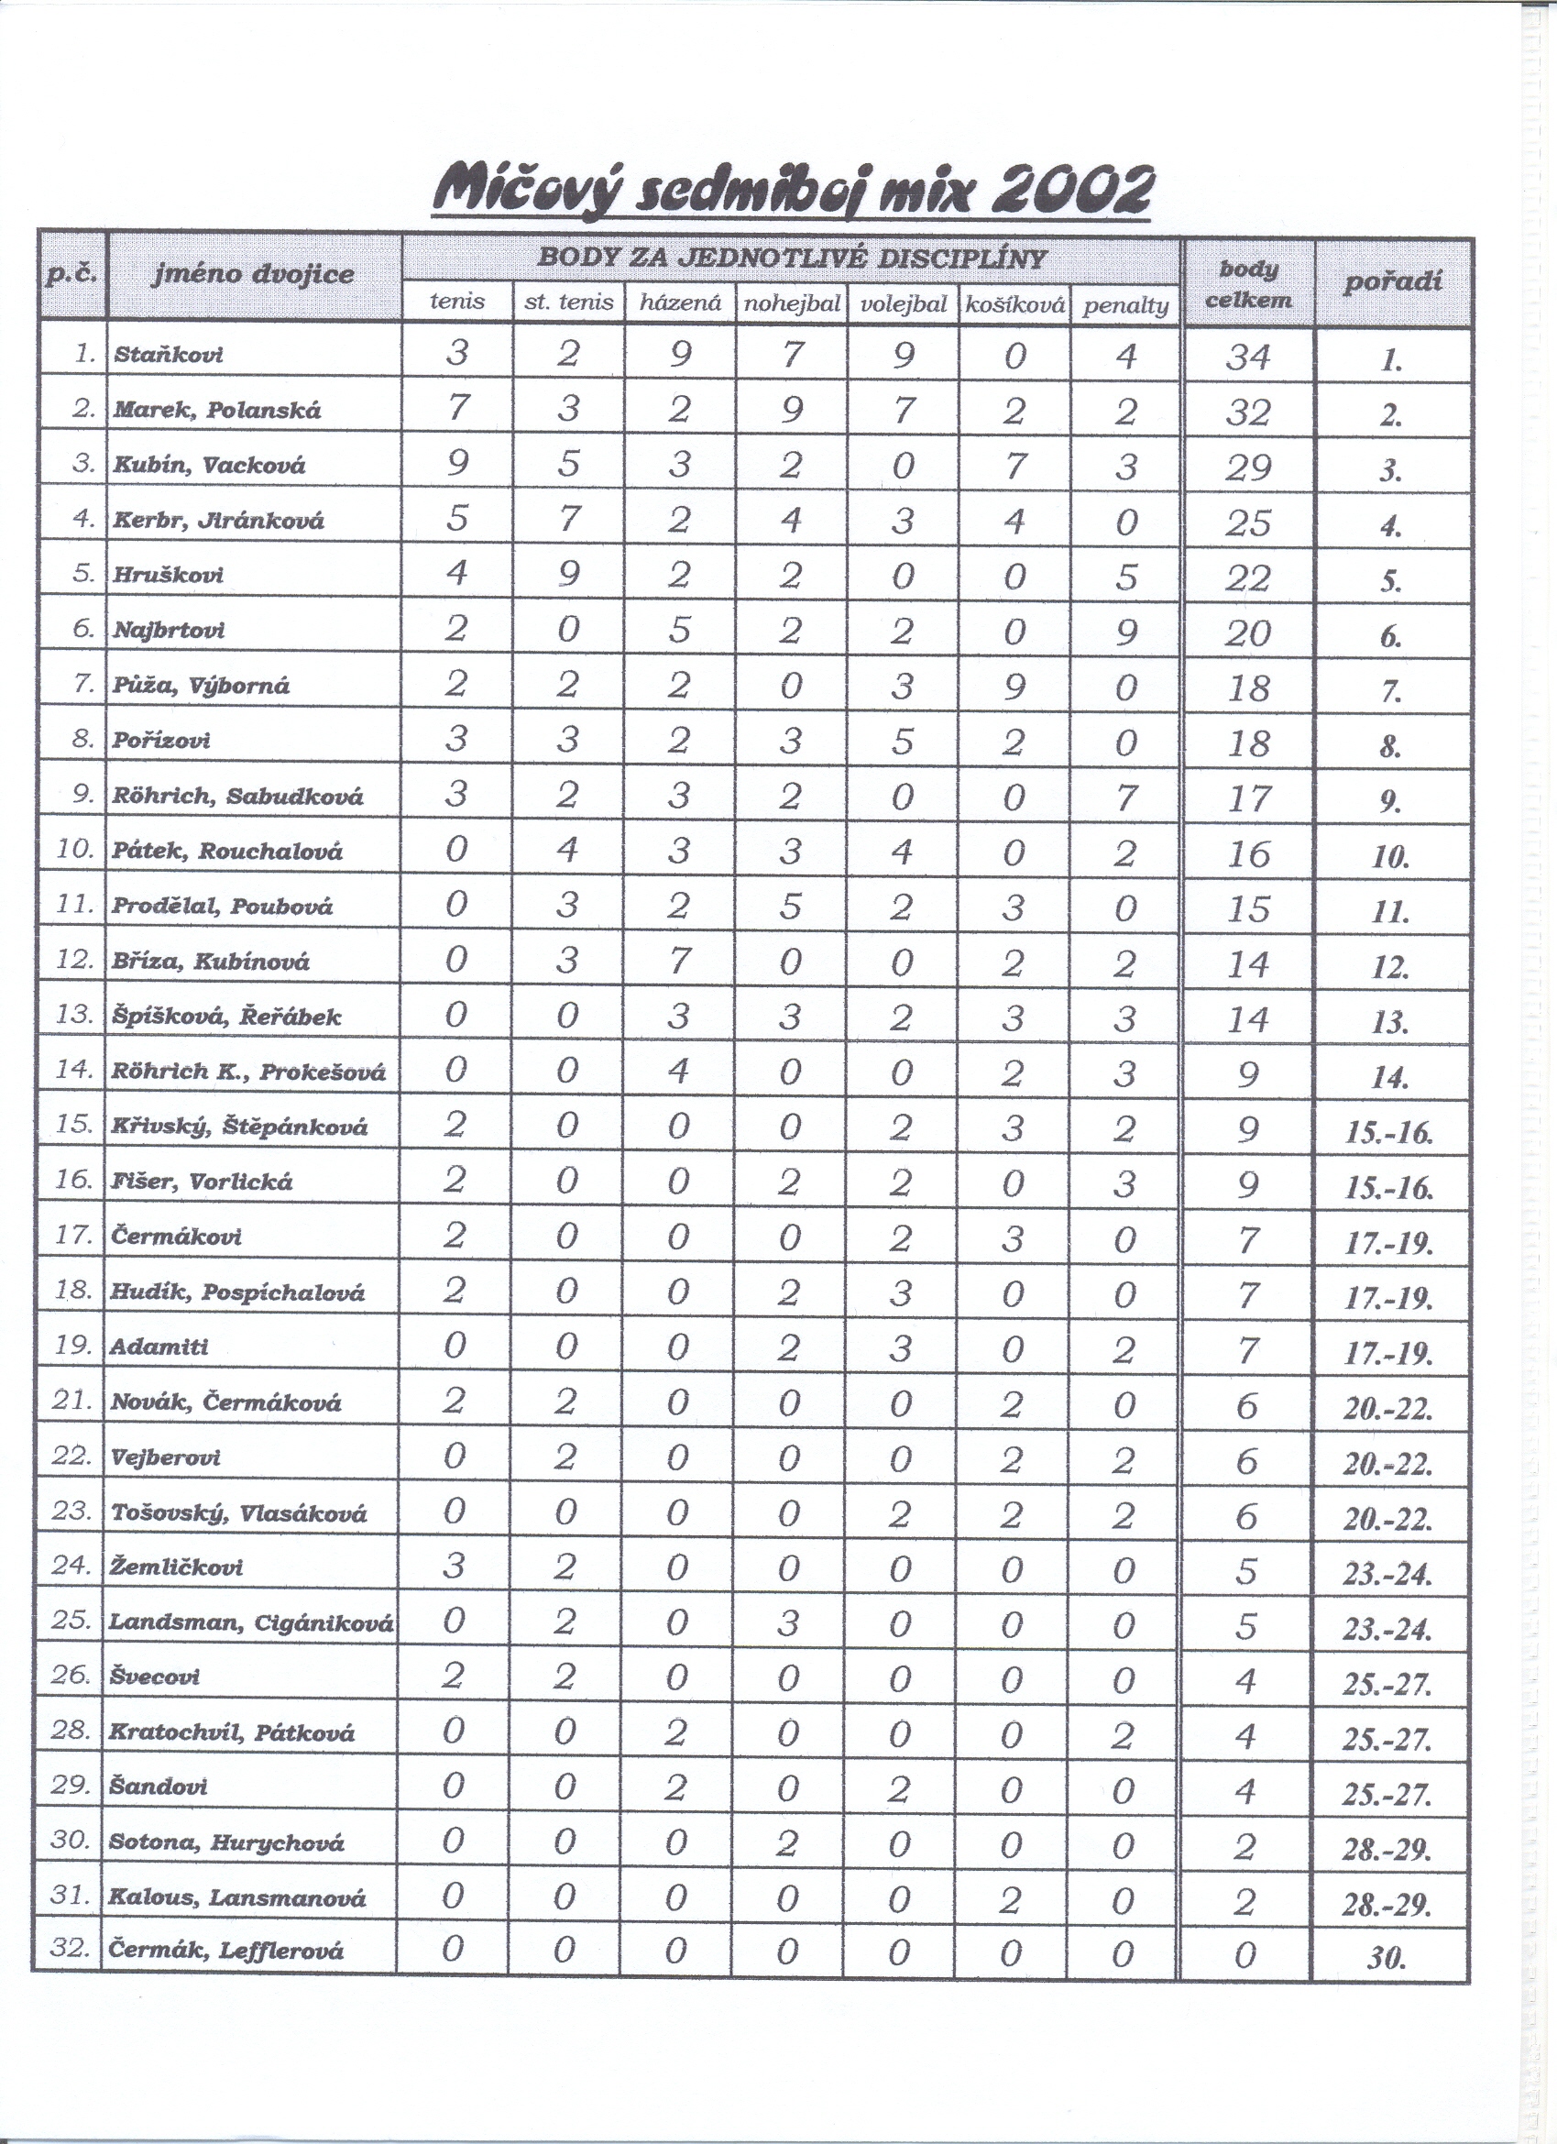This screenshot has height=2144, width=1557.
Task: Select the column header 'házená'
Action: click(x=680, y=303)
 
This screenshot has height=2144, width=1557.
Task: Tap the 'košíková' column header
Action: click(x=1014, y=304)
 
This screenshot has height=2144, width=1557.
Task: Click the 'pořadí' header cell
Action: click(x=1393, y=282)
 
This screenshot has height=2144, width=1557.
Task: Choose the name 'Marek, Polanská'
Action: click(x=217, y=411)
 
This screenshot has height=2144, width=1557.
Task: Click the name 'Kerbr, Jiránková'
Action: click(x=218, y=520)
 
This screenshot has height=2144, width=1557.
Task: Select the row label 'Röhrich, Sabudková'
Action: click(x=237, y=796)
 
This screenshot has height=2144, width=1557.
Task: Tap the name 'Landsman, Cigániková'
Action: click(x=251, y=1623)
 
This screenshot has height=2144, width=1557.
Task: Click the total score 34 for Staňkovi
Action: click(x=1247, y=357)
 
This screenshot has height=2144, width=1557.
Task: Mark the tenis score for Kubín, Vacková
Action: click(x=456, y=465)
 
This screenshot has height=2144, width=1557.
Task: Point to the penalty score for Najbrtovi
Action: click(x=1125, y=630)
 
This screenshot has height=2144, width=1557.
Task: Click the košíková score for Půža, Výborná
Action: click(x=1014, y=686)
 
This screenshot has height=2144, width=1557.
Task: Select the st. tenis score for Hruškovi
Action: click(x=567, y=575)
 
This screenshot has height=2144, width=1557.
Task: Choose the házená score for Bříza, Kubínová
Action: click(x=679, y=961)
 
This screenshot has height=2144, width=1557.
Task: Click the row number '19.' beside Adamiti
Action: click(x=71, y=1346)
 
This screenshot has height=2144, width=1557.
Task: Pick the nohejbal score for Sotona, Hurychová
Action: click(x=789, y=1842)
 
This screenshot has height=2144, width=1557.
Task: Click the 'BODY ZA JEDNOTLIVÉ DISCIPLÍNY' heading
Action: click(x=791, y=258)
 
